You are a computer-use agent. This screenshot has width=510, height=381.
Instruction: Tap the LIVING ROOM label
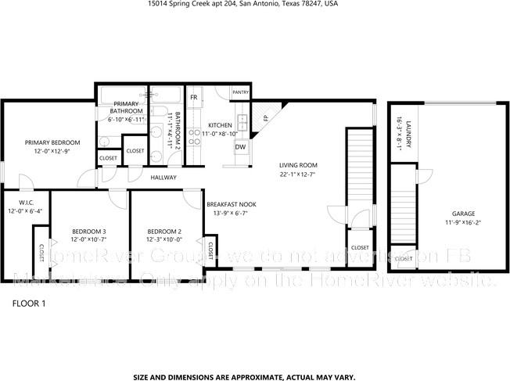[x=298, y=165]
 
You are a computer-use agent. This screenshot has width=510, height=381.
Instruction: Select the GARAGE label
[x=462, y=214]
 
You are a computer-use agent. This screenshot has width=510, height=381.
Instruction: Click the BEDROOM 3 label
[x=88, y=231]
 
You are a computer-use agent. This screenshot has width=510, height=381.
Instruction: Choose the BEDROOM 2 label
[x=164, y=231]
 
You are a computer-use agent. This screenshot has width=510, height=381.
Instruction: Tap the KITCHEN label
[x=220, y=125]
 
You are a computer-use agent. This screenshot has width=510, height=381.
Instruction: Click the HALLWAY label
[x=164, y=178]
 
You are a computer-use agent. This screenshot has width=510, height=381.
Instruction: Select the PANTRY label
[x=240, y=92]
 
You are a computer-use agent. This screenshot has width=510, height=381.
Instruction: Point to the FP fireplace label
[x=265, y=118]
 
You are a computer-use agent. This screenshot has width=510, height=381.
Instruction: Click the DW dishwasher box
[x=240, y=147]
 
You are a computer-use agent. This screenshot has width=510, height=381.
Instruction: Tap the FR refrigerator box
[x=194, y=97]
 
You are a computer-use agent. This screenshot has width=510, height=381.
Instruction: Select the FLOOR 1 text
[x=29, y=303]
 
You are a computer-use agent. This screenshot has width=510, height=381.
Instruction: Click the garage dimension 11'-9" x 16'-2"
[x=462, y=222]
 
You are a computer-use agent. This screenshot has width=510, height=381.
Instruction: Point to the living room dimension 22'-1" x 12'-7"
[x=298, y=174]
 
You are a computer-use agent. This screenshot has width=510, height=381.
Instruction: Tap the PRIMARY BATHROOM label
[x=126, y=108]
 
